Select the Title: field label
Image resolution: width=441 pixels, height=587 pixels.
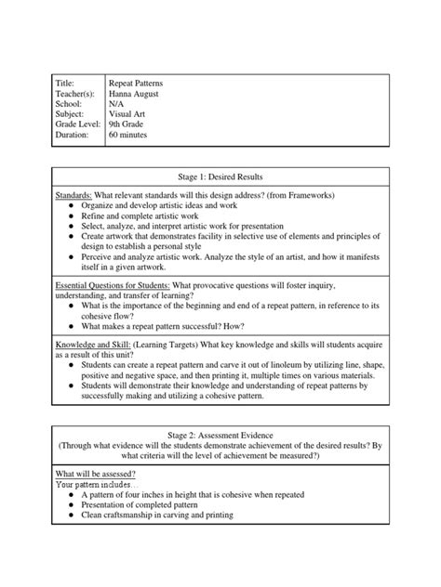[x=70, y=83]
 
